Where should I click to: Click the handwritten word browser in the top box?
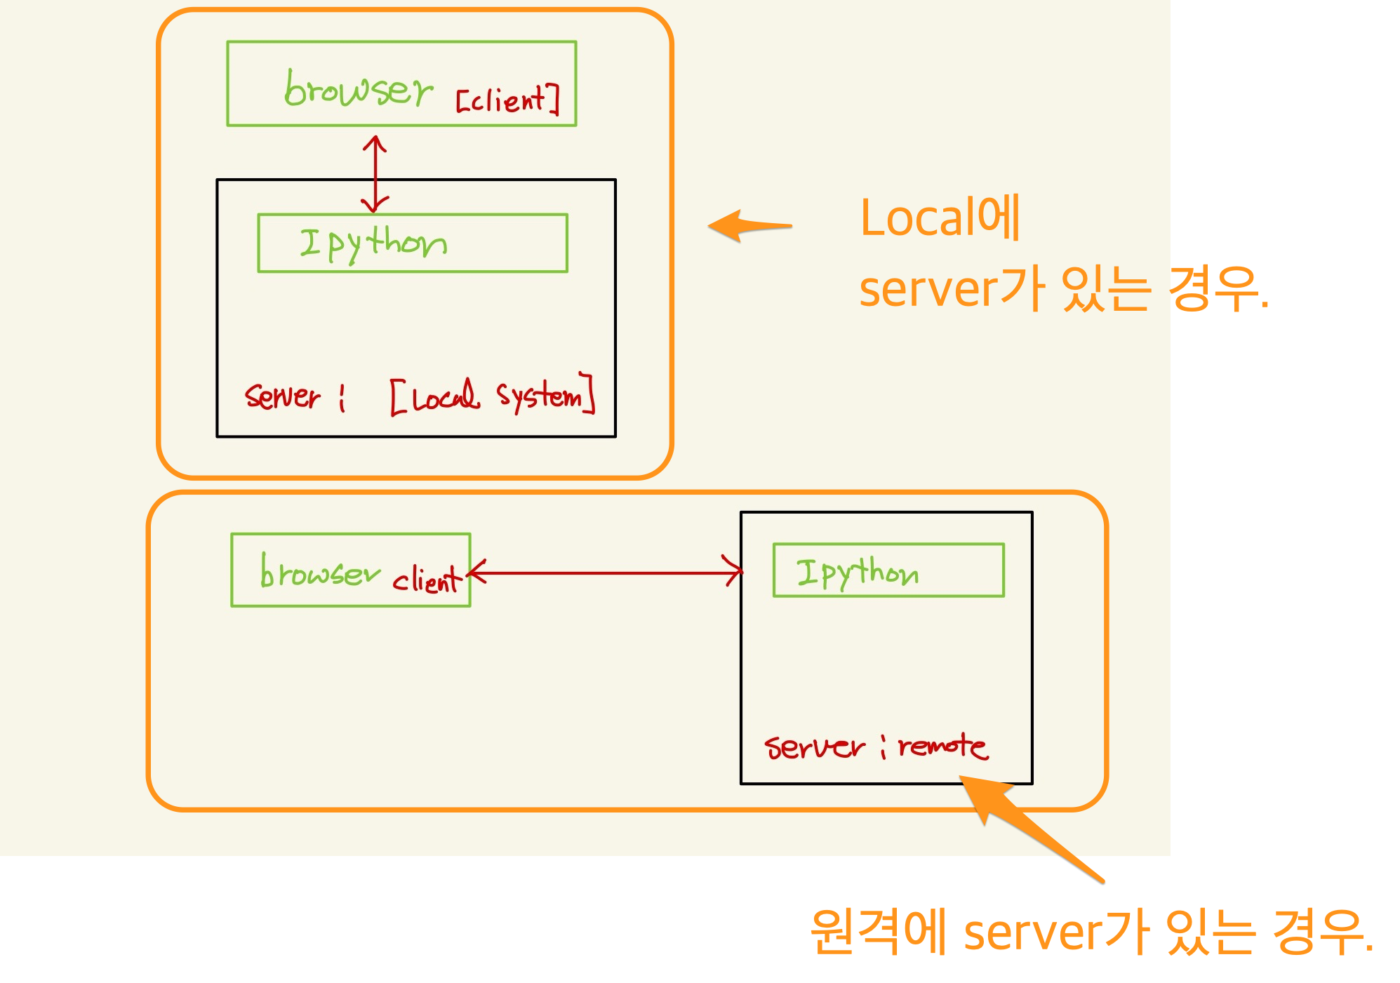358,90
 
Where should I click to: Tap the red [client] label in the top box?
507,100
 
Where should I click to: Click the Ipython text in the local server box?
373,243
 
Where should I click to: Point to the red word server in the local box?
282,396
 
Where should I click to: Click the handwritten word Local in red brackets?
446,397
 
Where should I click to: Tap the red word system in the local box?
540,396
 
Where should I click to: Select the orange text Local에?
940,218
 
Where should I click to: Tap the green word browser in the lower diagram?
319,573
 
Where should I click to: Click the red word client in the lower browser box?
427,580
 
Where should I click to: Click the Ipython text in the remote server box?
857,573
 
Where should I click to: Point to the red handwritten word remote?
942,746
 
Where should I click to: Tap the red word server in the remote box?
814,747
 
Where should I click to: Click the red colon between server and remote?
883,748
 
